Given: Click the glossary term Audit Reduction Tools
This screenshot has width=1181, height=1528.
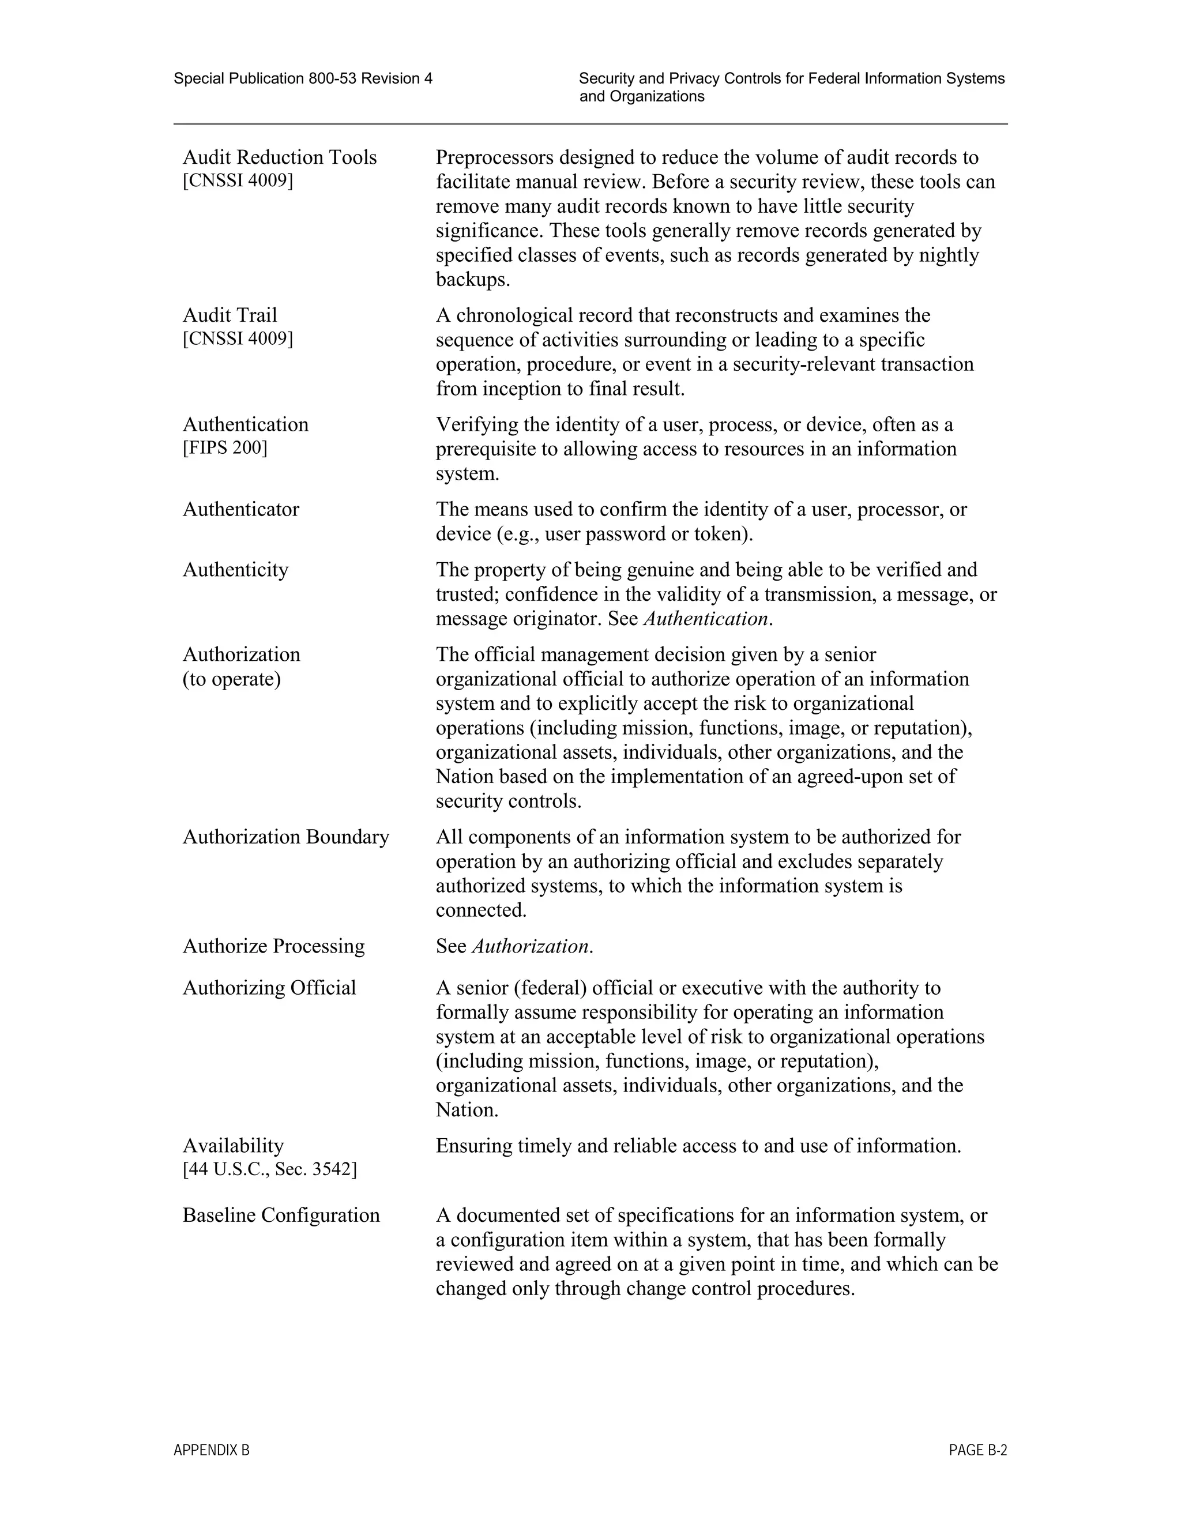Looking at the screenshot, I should tap(279, 157).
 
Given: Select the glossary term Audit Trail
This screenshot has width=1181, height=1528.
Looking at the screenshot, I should tap(230, 315).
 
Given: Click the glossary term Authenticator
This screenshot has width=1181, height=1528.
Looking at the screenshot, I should tap(240, 509).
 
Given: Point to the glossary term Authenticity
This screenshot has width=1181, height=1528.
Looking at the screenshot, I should tap(235, 570).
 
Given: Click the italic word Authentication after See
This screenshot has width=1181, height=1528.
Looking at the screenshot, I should tap(706, 619).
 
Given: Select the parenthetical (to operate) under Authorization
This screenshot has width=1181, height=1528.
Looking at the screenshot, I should tap(232, 679).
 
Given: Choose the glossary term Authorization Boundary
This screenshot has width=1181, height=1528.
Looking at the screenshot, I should tap(285, 837).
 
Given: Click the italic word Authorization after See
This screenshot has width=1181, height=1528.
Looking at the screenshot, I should tap(531, 947).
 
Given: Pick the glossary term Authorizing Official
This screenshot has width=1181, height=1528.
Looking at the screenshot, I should tap(269, 988).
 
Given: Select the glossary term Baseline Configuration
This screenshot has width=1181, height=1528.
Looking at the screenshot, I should tap(281, 1215).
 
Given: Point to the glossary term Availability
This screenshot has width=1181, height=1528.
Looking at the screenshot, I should tap(233, 1146).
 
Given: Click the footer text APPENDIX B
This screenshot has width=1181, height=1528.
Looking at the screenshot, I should tap(211, 1450).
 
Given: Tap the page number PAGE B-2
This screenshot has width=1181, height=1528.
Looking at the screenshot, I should tap(977, 1450).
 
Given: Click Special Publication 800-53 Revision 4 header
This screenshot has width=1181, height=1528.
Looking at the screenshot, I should tap(303, 79).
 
